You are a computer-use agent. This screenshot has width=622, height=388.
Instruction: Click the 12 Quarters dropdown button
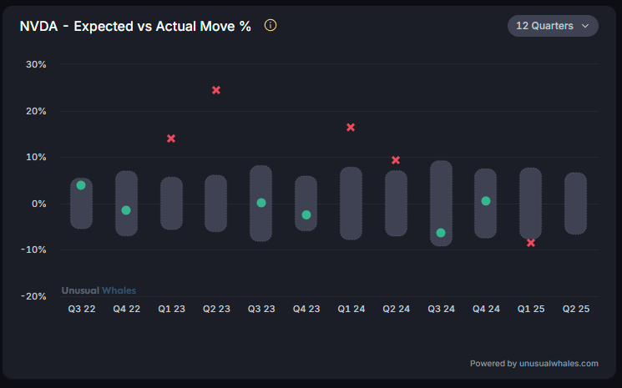tap(553, 26)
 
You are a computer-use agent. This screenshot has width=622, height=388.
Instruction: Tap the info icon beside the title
tap(270, 25)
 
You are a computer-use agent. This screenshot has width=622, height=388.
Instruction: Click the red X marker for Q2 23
tap(216, 90)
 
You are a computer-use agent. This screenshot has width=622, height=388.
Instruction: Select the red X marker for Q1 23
tap(171, 139)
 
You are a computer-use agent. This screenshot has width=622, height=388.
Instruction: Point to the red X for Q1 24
tap(351, 128)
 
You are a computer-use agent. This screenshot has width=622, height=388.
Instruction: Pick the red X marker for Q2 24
tap(396, 160)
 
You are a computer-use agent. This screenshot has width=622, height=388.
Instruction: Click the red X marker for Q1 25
tap(531, 243)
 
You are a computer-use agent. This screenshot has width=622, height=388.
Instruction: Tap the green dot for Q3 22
tap(81, 185)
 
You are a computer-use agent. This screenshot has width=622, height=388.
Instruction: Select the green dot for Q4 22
tap(126, 210)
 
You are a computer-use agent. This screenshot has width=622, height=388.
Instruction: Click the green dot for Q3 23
tap(261, 203)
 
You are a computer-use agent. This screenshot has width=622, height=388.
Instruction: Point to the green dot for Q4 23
tap(306, 215)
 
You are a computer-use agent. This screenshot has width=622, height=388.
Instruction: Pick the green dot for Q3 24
tap(441, 233)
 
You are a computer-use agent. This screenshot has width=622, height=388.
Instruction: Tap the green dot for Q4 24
tap(486, 201)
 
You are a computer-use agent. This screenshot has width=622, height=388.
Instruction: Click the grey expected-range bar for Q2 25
tap(575, 204)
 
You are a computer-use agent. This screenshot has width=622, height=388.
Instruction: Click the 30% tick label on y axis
tap(36, 64)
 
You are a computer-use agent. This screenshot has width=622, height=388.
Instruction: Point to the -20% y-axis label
tap(34, 296)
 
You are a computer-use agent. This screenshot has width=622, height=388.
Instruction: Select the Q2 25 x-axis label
tap(575, 309)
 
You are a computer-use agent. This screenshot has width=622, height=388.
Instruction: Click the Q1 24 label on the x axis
tap(351, 309)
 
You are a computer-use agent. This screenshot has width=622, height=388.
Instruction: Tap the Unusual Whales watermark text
tap(99, 290)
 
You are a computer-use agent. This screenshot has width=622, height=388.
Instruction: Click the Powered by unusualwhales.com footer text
tap(534, 363)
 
